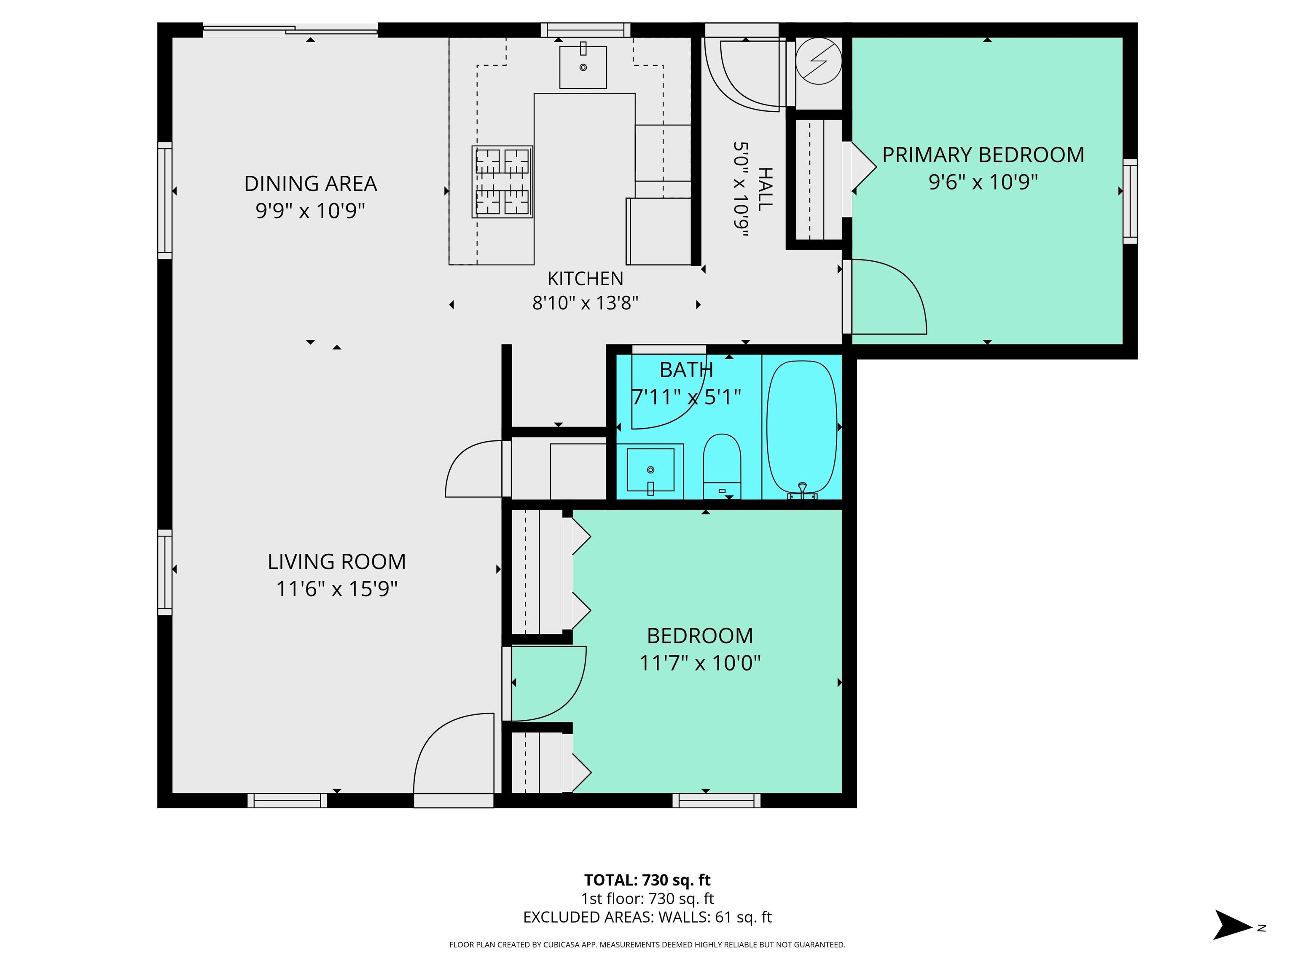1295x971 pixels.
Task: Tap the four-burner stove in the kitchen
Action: [x=502, y=182]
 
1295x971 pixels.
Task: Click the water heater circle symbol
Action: [x=819, y=61]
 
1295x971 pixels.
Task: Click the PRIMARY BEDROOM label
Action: [x=983, y=155]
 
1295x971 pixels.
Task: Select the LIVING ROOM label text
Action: [x=337, y=562]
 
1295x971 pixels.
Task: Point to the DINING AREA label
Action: [x=310, y=184]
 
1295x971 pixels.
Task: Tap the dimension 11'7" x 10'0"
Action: [x=700, y=663]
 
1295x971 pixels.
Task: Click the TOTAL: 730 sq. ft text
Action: [x=647, y=880]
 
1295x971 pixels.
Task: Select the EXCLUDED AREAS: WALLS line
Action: [x=647, y=917]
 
